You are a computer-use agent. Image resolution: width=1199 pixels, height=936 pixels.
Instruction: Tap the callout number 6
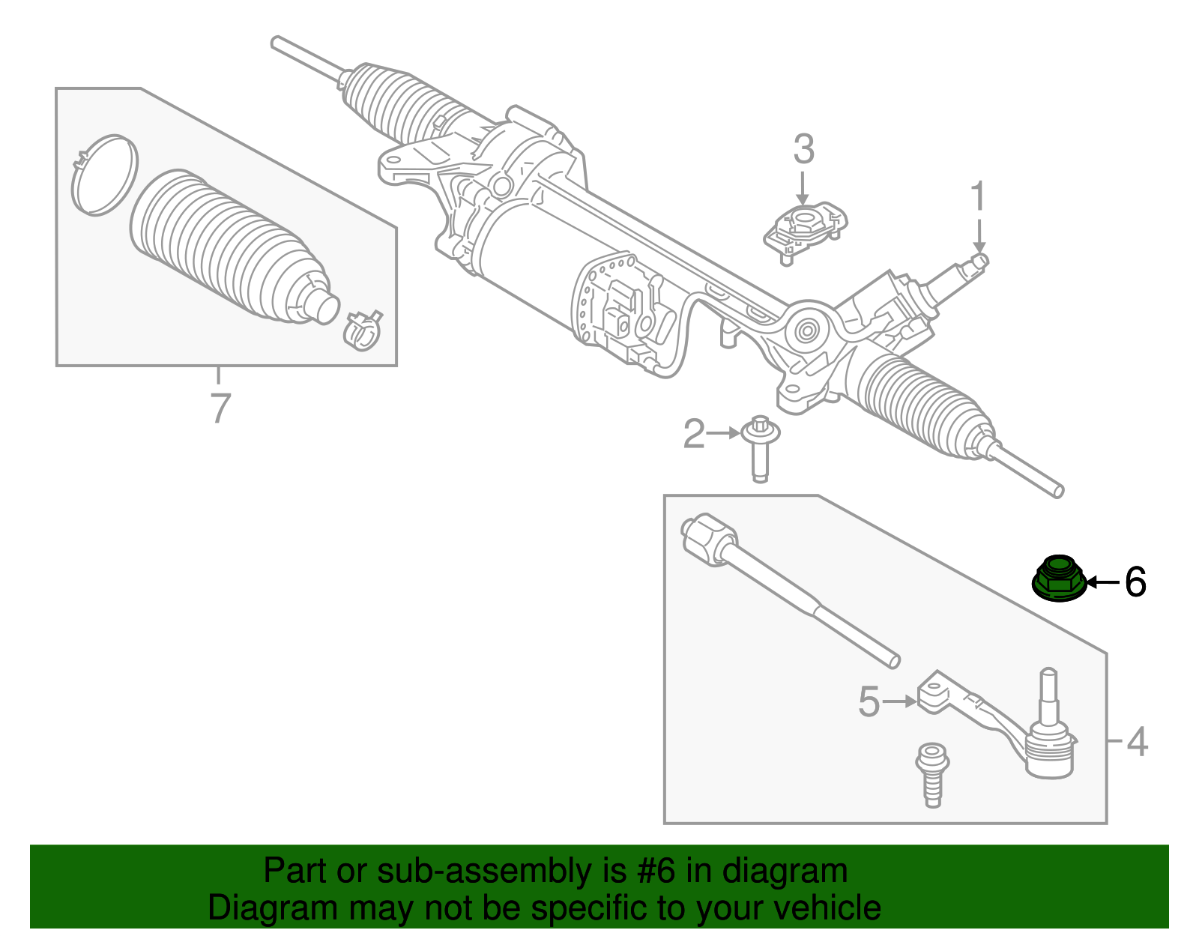pyautogui.click(x=1135, y=582)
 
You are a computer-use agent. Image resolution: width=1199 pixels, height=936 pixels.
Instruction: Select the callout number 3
pyautogui.click(x=803, y=150)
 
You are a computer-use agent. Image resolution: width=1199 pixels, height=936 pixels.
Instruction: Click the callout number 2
pyautogui.click(x=694, y=434)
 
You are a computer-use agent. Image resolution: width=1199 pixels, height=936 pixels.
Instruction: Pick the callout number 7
pyautogui.click(x=219, y=408)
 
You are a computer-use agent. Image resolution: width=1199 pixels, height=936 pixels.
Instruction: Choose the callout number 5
pyautogui.click(x=869, y=702)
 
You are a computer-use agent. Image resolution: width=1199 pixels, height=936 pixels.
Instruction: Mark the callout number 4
pyautogui.click(x=1137, y=741)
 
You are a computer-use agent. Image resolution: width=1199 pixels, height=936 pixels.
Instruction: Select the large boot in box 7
pyautogui.click(x=225, y=251)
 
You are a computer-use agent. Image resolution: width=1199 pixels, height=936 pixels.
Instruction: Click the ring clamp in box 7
pyautogui.click(x=104, y=175)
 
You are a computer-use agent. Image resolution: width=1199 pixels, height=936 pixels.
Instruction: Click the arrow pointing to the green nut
pyautogui.click(x=1102, y=582)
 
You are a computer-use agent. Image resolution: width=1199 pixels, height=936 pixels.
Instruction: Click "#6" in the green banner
pyautogui.click(x=656, y=871)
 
